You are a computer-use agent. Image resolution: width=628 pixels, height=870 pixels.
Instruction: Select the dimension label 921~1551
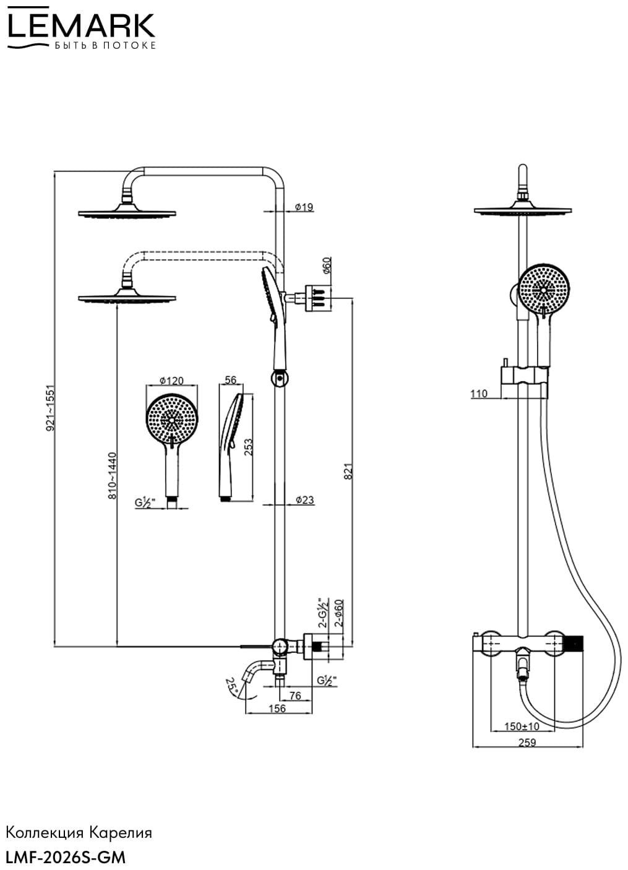tap(51, 408)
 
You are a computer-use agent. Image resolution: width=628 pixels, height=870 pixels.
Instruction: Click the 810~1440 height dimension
tap(112, 476)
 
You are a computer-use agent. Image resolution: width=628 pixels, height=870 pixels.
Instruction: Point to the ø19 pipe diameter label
tap(304, 207)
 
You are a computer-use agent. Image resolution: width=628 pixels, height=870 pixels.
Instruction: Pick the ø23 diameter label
tap(304, 500)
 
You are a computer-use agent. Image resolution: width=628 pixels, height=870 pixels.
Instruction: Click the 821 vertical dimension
tap(348, 471)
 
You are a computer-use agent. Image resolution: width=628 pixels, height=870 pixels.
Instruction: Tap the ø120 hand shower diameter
tap(171, 381)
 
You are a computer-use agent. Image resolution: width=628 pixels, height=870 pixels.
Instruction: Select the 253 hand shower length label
tap(248, 447)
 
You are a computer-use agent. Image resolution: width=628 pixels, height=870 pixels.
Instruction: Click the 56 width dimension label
tap(231, 380)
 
